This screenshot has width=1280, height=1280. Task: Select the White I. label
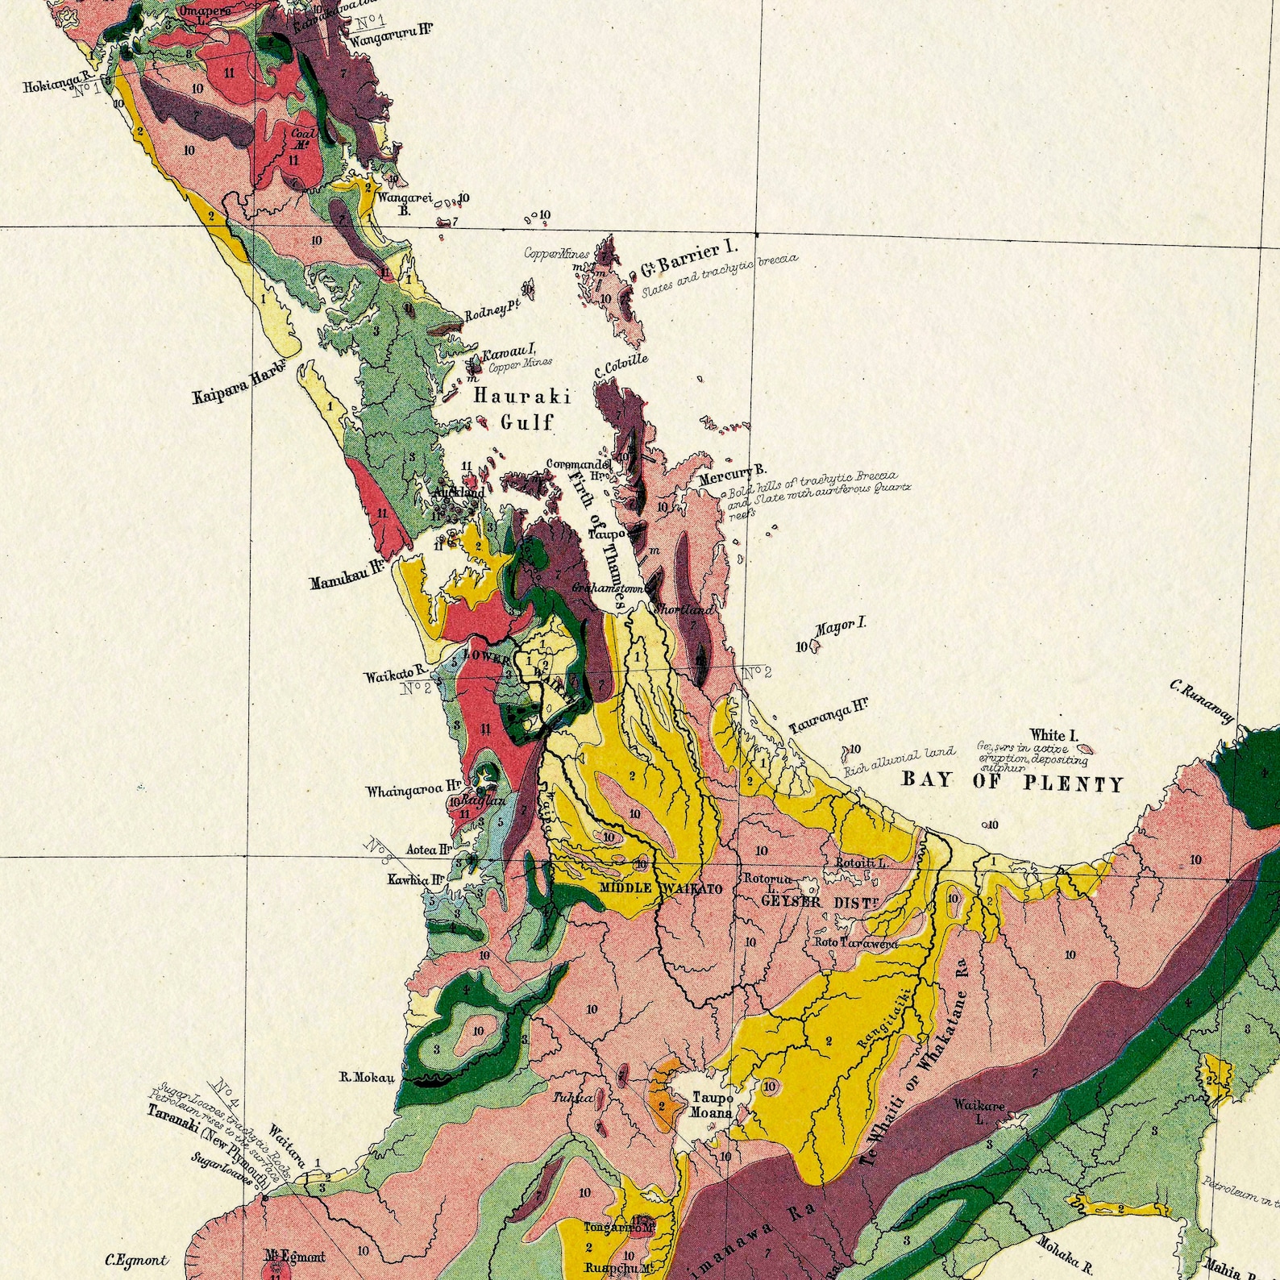[1054, 734]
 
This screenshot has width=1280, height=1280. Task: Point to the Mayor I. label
[841, 626]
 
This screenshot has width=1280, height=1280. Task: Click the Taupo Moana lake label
[713, 1105]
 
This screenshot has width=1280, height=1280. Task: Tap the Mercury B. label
[733, 475]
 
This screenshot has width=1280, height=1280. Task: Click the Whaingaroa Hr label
[414, 790]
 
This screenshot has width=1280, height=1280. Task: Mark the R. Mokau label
[367, 1077]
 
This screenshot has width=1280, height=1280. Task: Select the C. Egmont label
[137, 1260]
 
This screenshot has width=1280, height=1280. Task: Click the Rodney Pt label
[492, 311]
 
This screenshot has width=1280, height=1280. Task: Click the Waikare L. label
[979, 1111]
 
